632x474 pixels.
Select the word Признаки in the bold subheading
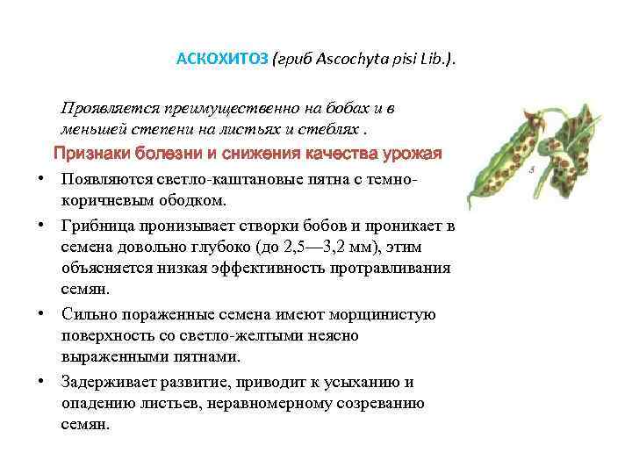click(90, 154)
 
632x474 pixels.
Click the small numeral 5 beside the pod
click(533, 169)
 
